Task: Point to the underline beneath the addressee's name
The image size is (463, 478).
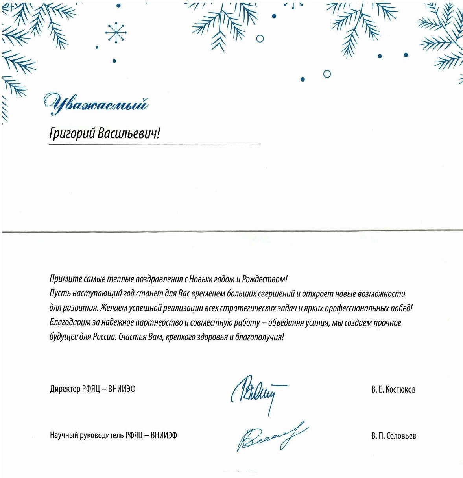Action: [x=154, y=145]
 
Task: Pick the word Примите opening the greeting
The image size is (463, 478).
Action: [x=62, y=279]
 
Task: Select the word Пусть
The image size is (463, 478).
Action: [x=58, y=294]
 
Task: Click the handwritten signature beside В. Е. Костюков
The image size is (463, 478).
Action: [x=258, y=392]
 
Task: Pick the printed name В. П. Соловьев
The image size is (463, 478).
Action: [x=393, y=436]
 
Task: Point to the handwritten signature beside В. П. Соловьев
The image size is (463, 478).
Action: [x=269, y=436]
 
